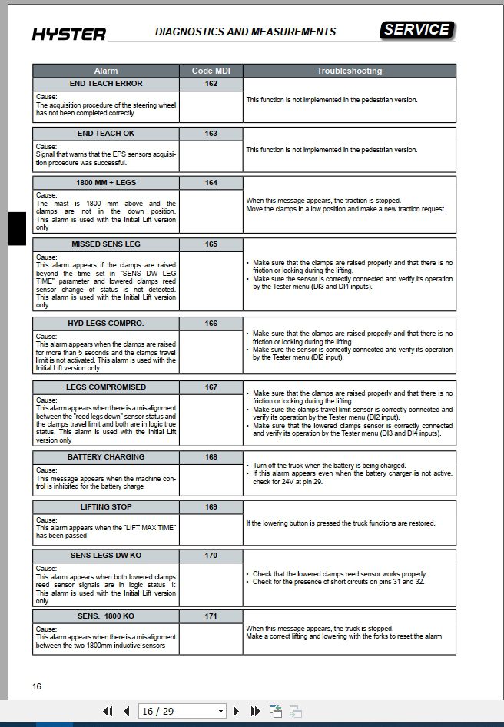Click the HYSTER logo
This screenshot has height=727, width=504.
(69, 33)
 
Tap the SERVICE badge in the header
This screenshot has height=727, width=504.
(417, 30)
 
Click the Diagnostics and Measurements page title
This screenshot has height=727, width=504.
(245, 32)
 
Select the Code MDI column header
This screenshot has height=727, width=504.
(211, 71)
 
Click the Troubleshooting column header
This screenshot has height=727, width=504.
(349, 71)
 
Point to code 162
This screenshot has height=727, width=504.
(211, 84)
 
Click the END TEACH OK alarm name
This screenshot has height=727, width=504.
(105, 134)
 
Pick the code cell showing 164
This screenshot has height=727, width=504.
(211, 183)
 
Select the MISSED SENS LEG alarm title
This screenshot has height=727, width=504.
(105, 244)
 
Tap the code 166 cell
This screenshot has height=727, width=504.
(211, 324)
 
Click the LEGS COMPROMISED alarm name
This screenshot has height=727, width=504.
(105, 387)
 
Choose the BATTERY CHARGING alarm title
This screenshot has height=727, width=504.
(105, 457)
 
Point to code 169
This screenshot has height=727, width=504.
(211, 507)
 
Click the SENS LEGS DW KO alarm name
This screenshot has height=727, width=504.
(105, 556)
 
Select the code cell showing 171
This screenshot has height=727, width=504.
(211, 616)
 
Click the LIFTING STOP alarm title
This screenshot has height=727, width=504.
(105, 507)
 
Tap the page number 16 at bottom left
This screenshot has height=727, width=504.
(37, 686)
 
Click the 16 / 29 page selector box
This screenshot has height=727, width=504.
(182, 712)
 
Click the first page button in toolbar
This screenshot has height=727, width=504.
(108, 712)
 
